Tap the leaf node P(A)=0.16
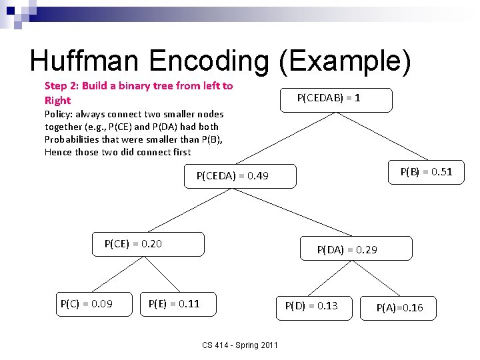pyautogui.click(x=399, y=307)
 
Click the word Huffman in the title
pyautogui.click(x=86, y=61)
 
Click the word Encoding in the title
pyautogui.click(x=209, y=61)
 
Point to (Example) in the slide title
pyautogui.click(x=344, y=61)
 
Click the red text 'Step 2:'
pyautogui.click(x=61, y=86)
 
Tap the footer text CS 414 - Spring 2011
pyautogui.click(x=241, y=345)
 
